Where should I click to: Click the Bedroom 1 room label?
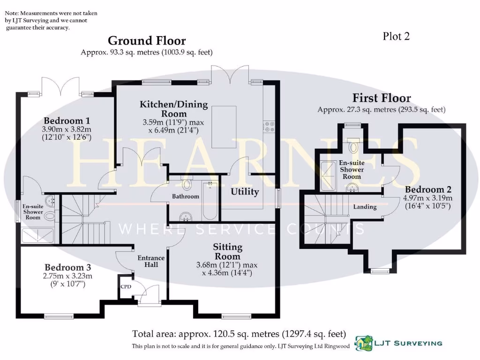coord(67,120)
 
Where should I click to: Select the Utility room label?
coord(245,191)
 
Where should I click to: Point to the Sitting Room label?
coord(227,252)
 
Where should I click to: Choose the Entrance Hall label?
coord(151,261)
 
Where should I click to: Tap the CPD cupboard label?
coord(126,287)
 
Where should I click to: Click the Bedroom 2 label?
coord(428,189)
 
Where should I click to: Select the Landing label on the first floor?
coord(365,207)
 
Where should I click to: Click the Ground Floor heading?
coord(147,41)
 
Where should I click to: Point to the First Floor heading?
coord(382,98)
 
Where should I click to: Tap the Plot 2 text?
coord(396,36)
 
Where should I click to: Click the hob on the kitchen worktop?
coord(270,127)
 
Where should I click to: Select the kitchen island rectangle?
coord(224,127)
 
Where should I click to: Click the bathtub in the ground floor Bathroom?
coord(210,200)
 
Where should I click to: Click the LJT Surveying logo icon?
coord(362,343)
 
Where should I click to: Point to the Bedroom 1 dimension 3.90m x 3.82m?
coord(67,129)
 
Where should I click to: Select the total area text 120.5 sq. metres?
coord(239,334)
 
